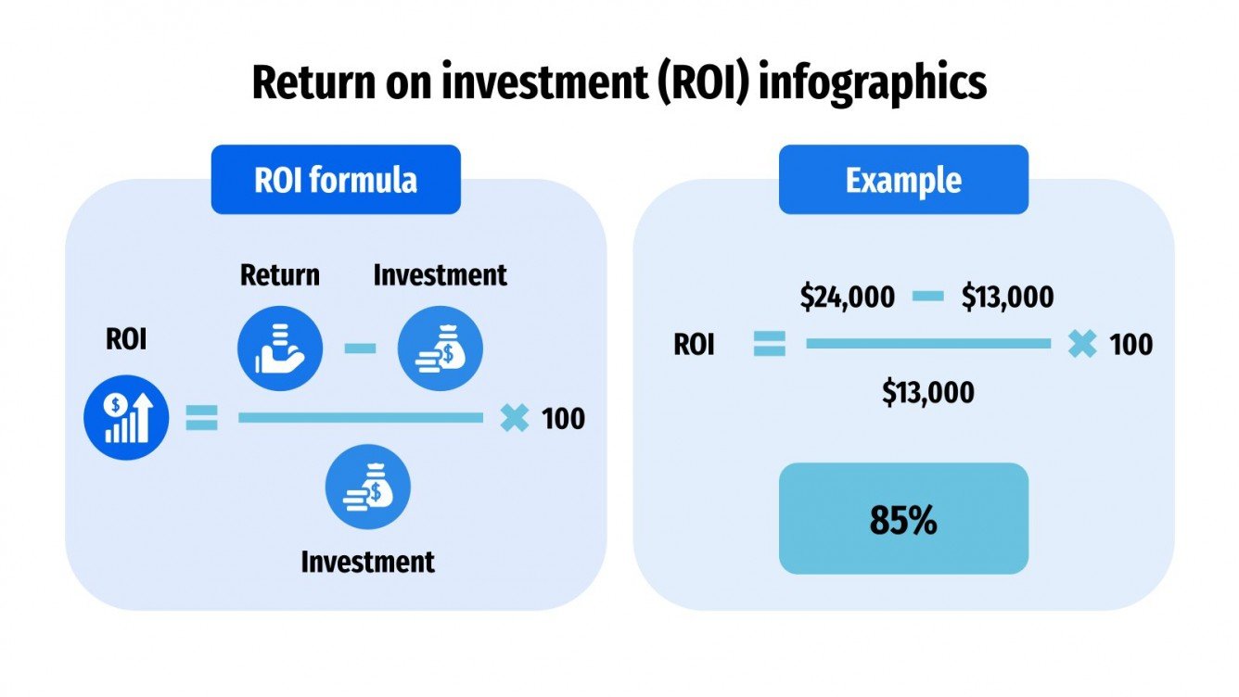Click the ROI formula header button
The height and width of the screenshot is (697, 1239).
[336, 180]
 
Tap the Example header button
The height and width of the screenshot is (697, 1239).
[903, 180]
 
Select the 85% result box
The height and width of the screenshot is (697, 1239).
[903, 519]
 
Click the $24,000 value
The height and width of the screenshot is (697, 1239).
[848, 297]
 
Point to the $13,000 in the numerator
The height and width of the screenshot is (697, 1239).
[1007, 297]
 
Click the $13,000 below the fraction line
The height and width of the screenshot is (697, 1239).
[927, 393]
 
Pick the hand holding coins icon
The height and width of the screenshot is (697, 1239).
[280, 348]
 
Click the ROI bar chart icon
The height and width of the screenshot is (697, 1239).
[126, 417]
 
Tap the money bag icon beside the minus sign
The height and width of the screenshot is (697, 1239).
[440, 348]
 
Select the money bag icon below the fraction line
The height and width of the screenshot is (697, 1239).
[367, 487]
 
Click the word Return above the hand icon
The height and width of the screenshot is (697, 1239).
[280, 275]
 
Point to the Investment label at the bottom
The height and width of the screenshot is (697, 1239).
[367, 562]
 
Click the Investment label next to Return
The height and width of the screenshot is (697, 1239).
[440, 275]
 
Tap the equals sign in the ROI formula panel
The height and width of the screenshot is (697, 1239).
[201, 419]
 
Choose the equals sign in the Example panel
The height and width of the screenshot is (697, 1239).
[769, 345]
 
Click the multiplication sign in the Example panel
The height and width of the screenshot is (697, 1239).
[1081, 345]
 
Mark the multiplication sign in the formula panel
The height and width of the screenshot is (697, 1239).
[514, 419]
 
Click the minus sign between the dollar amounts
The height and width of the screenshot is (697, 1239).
[927, 297]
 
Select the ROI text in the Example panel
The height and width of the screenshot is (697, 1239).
[694, 345]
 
